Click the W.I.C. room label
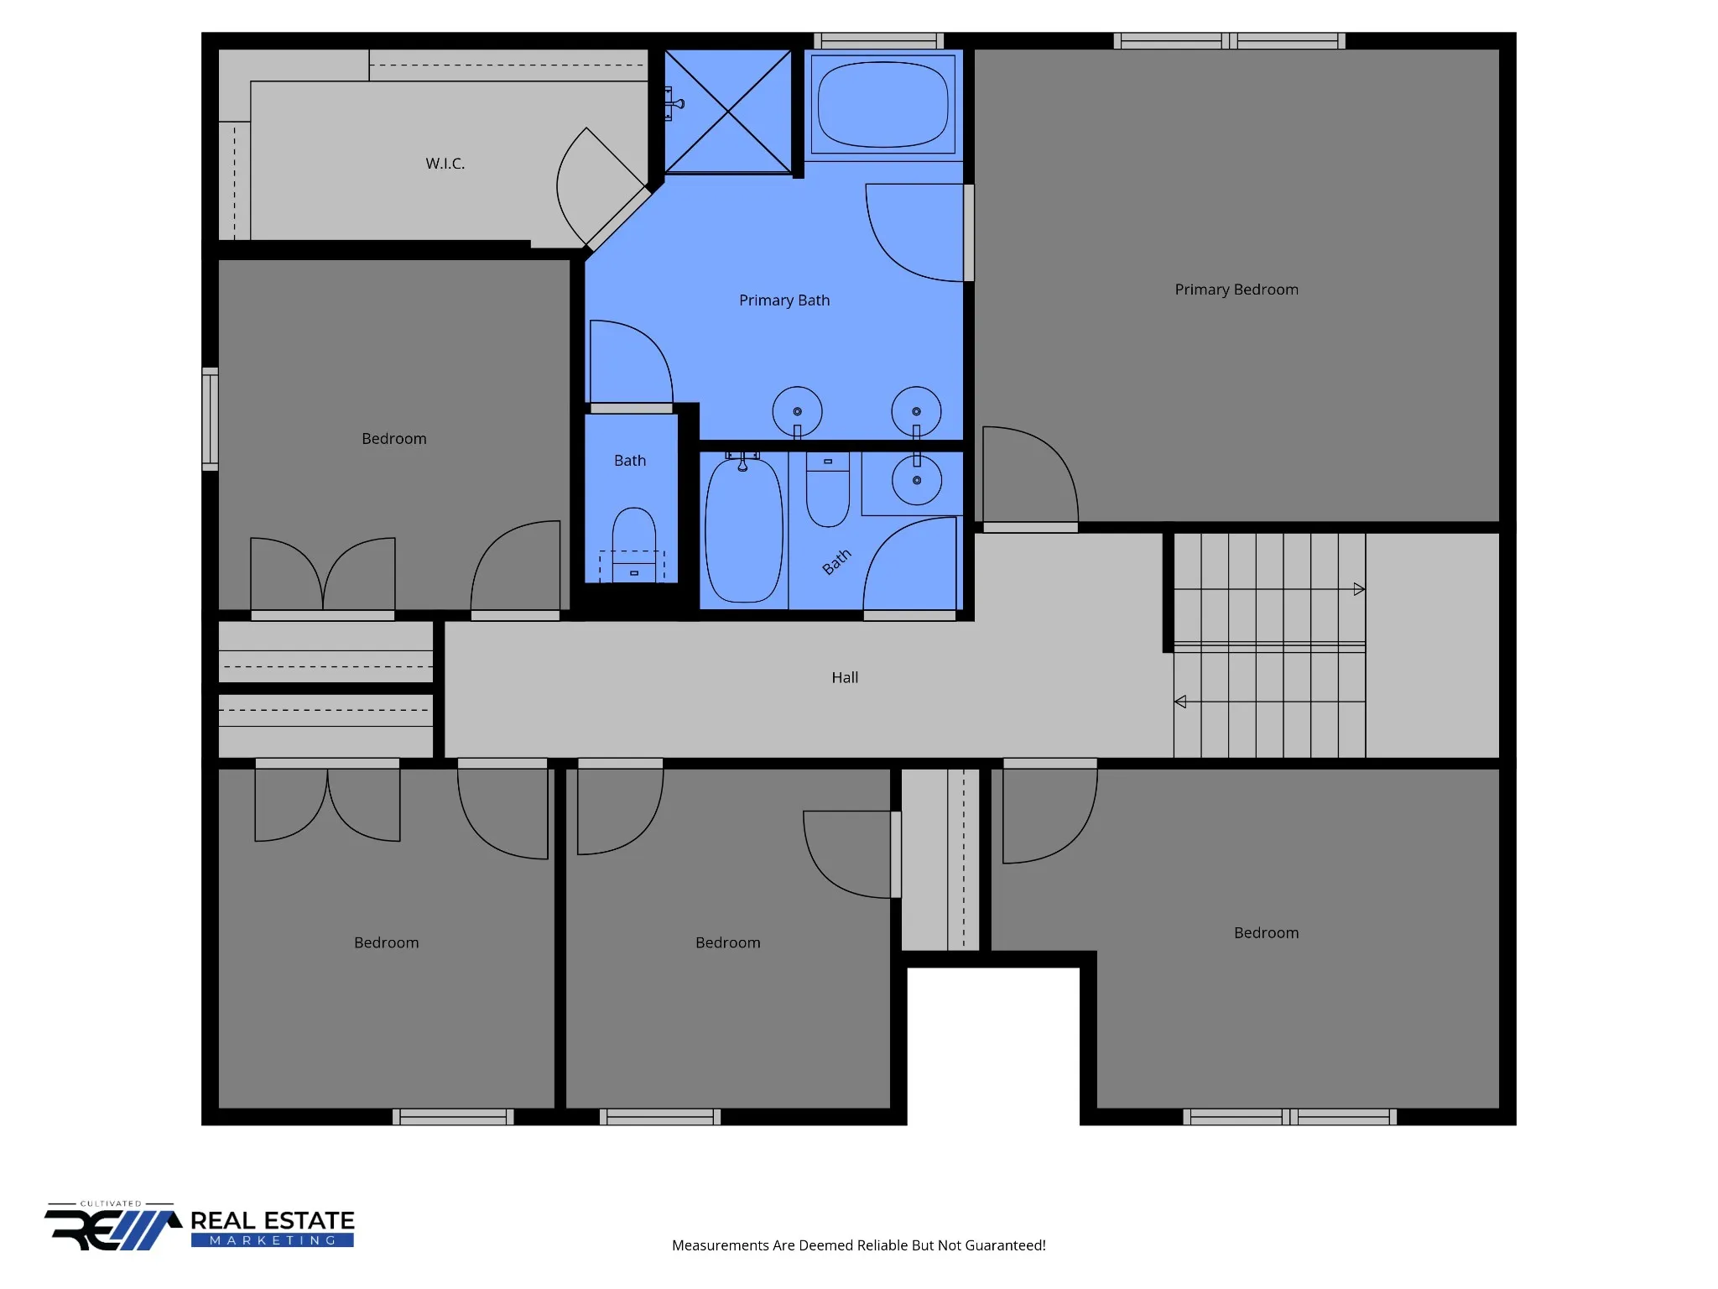click(x=445, y=164)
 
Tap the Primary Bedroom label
click(x=1236, y=290)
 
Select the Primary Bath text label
click(x=784, y=300)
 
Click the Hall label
click(x=845, y=677)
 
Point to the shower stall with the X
click(x=728, y=112)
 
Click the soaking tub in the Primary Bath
click(x=883, y=104)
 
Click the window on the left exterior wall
click(x=210, y=419)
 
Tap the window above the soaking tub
click(x=878, y=41)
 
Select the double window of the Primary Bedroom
click(x=1229, y=41)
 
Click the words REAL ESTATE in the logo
click(x=273, y=1220)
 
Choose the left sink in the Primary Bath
click(x=797, y=411)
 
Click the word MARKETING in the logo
click(x=273, y=1240)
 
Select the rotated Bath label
click(x=836, y=561)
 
